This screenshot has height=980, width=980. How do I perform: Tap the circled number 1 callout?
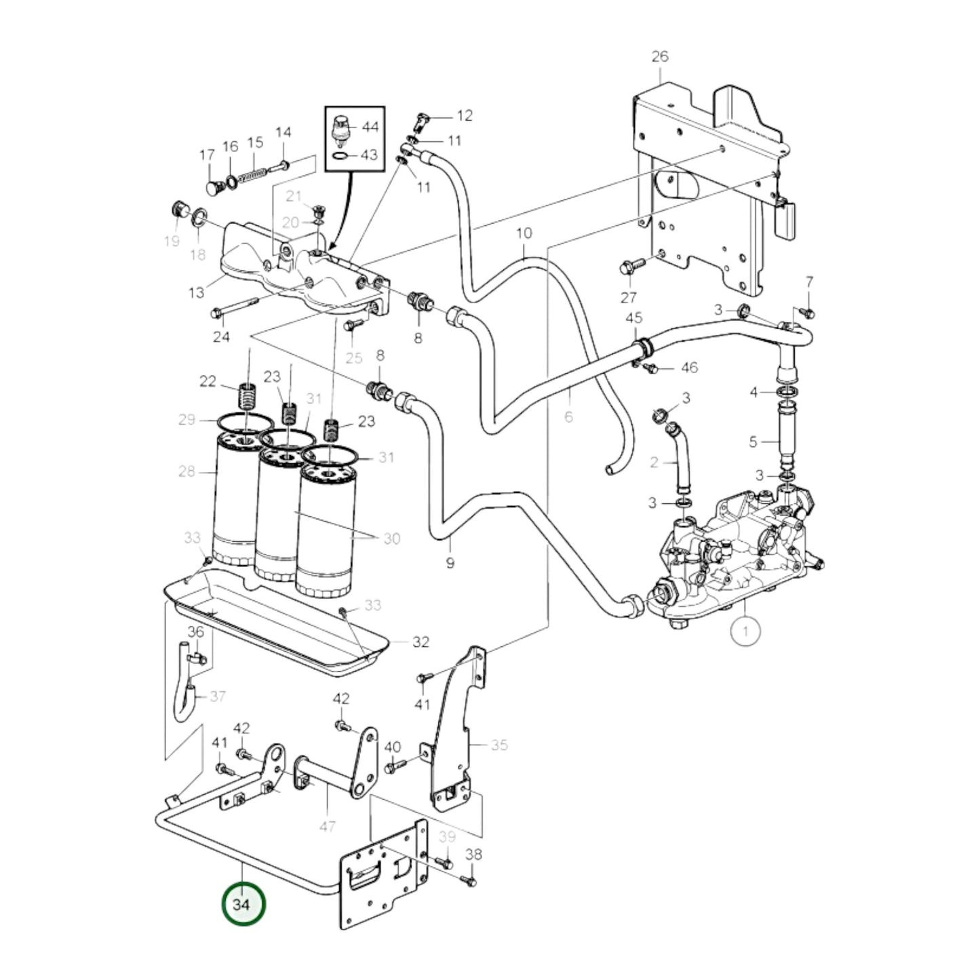coord(745,631)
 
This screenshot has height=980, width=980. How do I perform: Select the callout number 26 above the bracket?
coord(659,56)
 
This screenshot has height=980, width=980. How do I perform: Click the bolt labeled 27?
coord(627,268)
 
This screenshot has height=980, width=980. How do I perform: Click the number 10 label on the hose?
coord(524,233)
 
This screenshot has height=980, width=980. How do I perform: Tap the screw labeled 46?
coord(649,367)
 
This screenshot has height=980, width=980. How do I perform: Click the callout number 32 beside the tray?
coord(420,642)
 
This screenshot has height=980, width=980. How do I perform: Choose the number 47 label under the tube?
coord(328,826)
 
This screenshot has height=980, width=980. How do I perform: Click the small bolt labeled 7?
coord(807,311)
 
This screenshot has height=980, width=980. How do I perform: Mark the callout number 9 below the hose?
coord(450,562)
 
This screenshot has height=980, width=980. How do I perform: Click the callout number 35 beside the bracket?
coord(499,745)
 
